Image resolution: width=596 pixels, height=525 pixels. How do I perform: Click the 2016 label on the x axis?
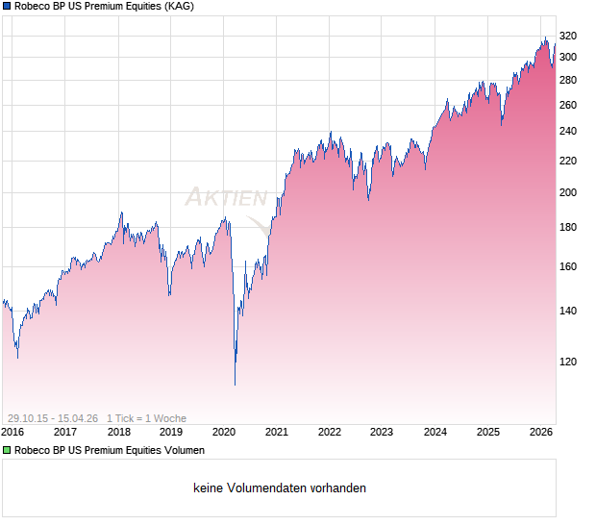[12, 432]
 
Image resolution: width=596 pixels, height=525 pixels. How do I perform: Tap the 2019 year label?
[171, 432]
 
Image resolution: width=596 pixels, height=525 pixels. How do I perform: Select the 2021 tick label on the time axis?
[277, 432]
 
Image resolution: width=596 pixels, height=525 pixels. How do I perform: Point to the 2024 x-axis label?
[435, 432]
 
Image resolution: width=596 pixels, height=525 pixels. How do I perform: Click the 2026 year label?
[541, 432]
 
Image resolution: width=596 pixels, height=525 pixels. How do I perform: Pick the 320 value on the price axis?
[567, 37]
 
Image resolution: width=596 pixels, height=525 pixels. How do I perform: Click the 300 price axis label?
[567, 57]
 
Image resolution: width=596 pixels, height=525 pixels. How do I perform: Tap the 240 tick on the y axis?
[567, 132]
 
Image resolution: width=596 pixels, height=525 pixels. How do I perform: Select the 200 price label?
[567, 193]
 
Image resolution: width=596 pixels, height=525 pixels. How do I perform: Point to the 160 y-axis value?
[567, 267]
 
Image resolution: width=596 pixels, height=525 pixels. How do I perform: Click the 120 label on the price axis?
[567, 362]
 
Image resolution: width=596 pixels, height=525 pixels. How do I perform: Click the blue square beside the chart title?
[7, 7]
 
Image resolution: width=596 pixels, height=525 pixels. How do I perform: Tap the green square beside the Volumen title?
[7, 450]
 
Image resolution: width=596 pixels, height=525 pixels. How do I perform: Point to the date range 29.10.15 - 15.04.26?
[53, 418]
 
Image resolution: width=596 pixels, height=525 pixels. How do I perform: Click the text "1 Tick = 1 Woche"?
[146, 418]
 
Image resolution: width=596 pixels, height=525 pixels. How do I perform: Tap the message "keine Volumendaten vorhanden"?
[280, 488]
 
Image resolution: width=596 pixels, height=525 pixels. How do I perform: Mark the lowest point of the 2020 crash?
[236, 386]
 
